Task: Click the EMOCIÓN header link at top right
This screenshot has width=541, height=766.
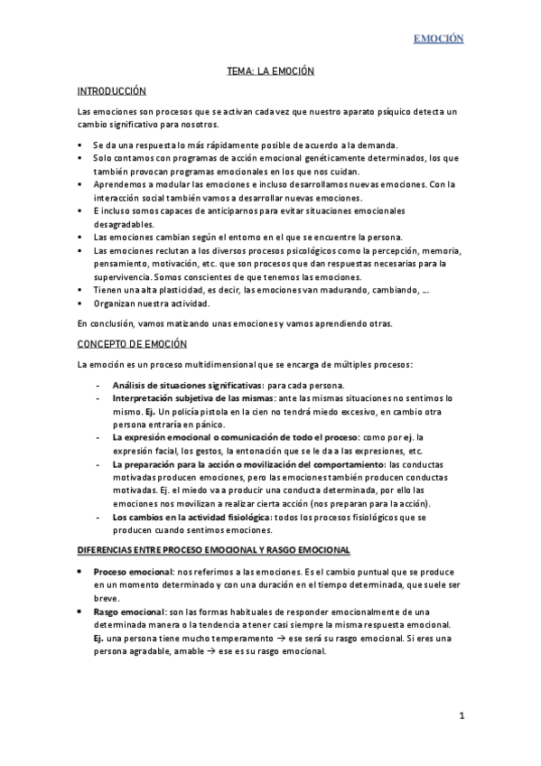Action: point(438,39)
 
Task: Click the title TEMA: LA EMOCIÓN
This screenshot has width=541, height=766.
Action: point(270,71)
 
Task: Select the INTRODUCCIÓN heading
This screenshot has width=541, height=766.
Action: point(111,91)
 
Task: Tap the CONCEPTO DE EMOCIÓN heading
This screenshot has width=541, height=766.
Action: point(132,344)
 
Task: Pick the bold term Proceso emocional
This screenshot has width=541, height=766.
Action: point(133,573)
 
